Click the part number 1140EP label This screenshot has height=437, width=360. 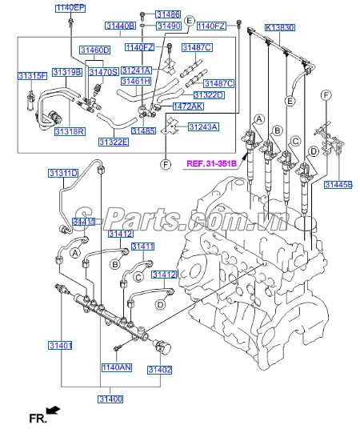tap(70, 7)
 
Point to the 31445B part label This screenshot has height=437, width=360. tap(338, 184)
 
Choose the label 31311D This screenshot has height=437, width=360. tap(62, 173)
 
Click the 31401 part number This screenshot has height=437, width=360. tap(60, 346)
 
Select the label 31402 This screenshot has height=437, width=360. tap(159, 370)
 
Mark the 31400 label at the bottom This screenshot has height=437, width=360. tap(110, 399)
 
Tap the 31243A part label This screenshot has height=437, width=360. tap(203, 127)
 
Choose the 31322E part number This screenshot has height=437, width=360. tap(114, 142)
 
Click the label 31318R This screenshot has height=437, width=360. tap(70, 130)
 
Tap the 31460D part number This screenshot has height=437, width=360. tap(94, 50)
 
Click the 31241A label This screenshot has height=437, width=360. tap(137, 70)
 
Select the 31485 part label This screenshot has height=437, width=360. tap(143, 130)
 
